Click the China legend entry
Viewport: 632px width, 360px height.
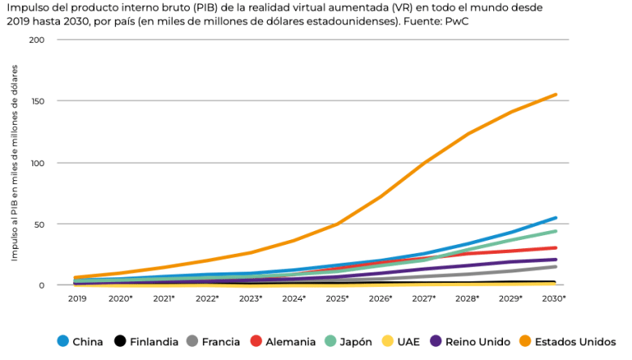[80, 341]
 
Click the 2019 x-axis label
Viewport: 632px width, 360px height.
[77, 298]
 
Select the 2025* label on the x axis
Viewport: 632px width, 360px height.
[337, 298]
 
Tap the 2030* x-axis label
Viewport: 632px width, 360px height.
[554, 298]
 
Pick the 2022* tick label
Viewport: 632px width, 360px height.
[207, 298]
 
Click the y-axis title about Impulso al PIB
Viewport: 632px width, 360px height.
[15, 162]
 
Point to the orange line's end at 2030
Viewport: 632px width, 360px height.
[556, 94]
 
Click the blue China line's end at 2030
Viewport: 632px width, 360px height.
[556, 217]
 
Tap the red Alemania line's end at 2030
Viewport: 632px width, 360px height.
[556, 247]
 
